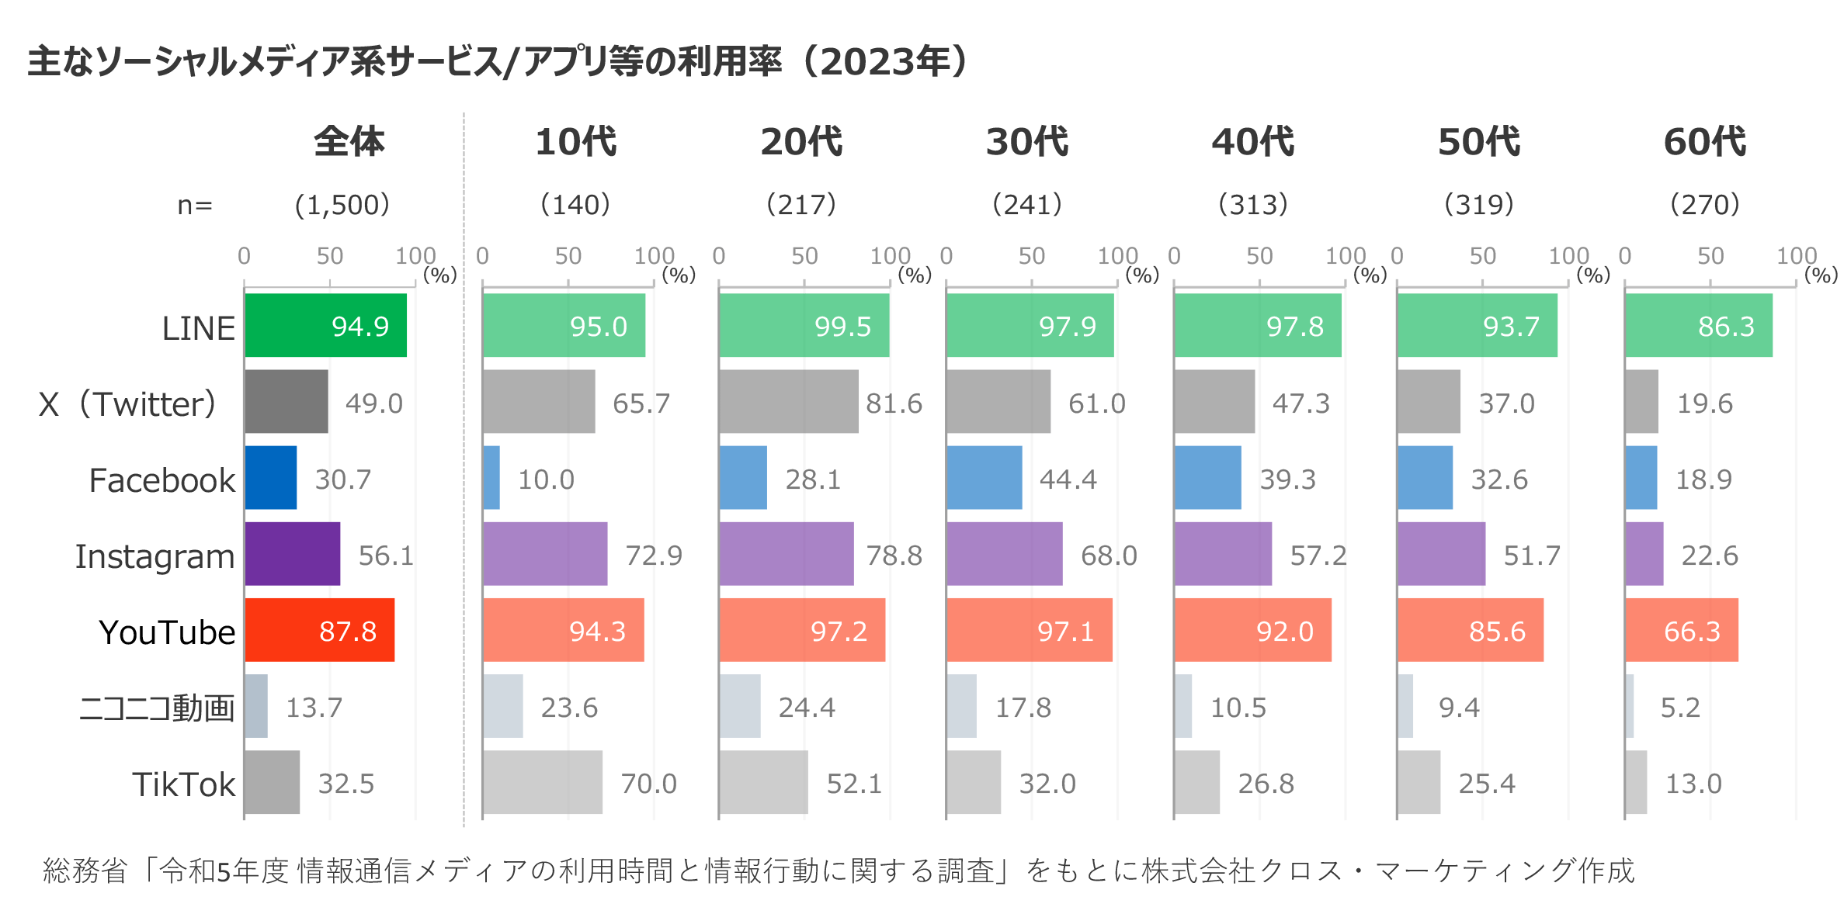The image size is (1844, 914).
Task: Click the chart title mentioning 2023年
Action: coord(497,62)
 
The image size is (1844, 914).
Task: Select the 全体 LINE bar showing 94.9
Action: coord(325,326)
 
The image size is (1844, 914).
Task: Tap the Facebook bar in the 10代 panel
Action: coord(491,478)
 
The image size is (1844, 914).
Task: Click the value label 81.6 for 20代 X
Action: coord(894,403)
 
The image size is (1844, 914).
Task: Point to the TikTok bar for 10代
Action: coord(542,782)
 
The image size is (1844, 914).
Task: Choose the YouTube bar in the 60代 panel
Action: coord(1681,630)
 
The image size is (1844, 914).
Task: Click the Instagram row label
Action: coord(155,556)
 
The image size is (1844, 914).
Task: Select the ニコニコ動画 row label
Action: coord(156,708)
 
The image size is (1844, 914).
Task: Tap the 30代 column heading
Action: coord(1026,142)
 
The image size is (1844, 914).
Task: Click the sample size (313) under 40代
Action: coord(1252,205)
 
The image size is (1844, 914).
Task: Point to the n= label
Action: coord(195,206)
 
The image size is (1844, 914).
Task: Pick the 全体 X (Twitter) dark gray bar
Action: coord(286,402)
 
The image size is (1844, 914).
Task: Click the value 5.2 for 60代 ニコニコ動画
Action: coord(1679,708)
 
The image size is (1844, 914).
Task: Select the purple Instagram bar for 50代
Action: coord(1441,554)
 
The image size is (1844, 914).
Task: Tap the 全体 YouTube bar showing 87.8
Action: coord(319,630)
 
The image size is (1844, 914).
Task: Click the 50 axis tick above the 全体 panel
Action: coord(329,256)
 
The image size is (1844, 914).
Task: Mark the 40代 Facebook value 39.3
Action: coord(1287,480)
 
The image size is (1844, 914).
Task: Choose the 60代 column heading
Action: coord(1704,142)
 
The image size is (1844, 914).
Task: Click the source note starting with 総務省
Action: coord(839,871)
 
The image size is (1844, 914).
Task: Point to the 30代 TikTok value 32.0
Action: coord(1047,784)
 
